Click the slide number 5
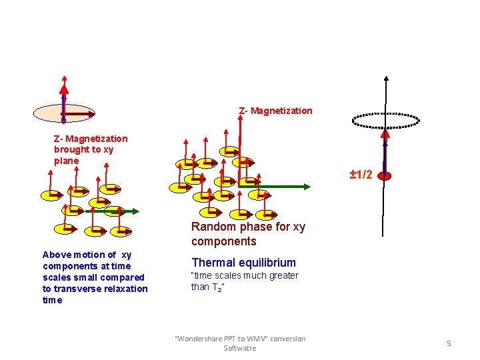tap(449, 343)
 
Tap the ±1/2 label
tap(361, 175)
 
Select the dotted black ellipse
tap(385, 121)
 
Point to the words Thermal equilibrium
tap(243, 263)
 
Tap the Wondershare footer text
tap(239, 339)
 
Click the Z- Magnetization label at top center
tap(275, 111)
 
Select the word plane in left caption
tap(67, 161)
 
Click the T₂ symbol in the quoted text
tap(217, 287)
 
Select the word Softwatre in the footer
tap(239, 348)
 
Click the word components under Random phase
tap(223, 241)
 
